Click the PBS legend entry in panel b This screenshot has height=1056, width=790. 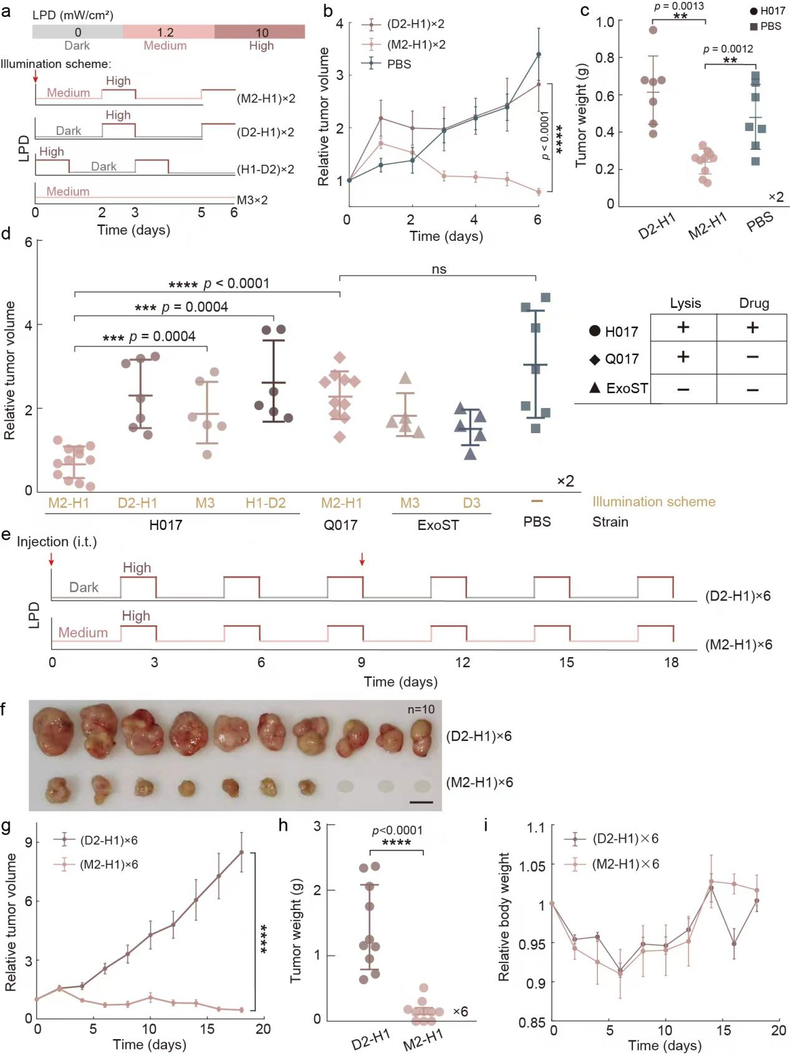(398, 64)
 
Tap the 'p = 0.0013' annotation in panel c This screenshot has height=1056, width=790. (679, 6)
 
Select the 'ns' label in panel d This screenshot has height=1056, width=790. (439, 269)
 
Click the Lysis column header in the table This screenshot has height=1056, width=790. (685, 303)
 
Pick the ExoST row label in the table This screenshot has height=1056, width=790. (626, 388)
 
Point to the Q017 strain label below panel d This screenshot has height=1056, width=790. (340, 524)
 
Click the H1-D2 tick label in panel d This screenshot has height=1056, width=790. (266, 503)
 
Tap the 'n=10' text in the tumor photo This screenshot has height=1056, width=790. (421, 710)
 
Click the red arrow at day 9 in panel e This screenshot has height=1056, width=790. (362, 560)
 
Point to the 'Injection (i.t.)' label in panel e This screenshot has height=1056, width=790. (57, 542)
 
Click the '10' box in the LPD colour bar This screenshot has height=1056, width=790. (261, 32)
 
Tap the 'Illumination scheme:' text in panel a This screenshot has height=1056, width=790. (55, 64)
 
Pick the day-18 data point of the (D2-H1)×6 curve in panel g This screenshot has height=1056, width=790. (241, 852)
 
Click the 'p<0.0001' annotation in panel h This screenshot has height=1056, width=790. (397, 831)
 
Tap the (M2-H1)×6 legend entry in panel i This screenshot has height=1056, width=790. (625, 864)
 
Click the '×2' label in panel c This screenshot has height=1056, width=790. (776, 197)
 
